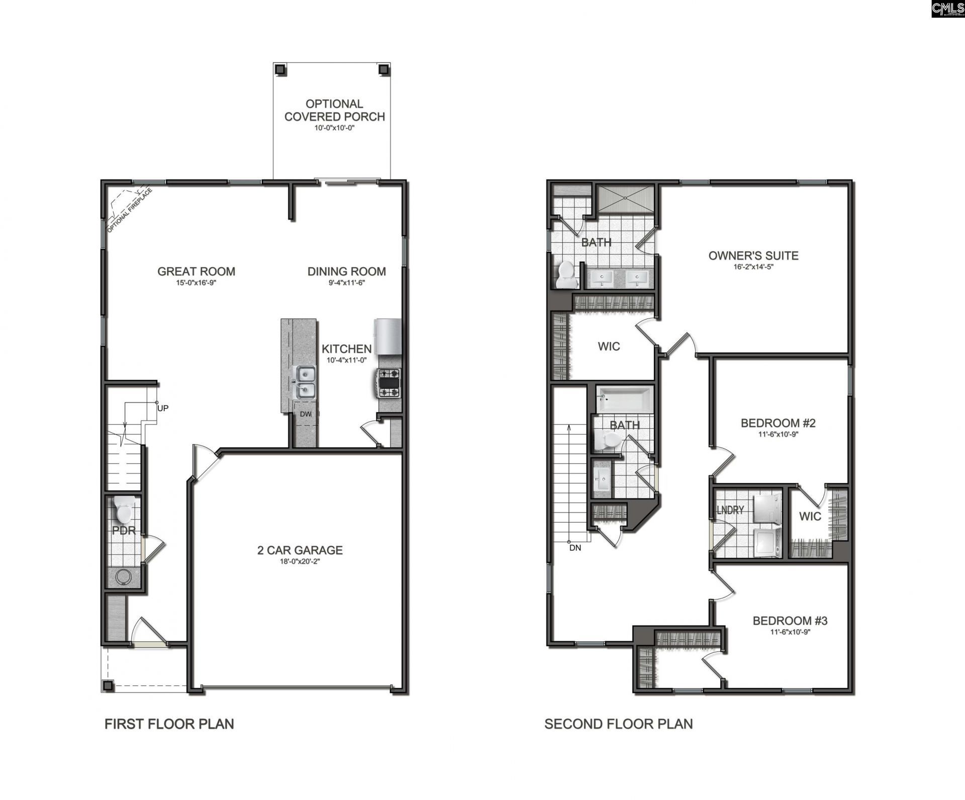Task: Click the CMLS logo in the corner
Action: click(x=948, y=9)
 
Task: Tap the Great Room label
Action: click(x=196, y=271)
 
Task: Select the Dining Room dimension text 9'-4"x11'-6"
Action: click(x=346, y=283)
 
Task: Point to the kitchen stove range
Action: click(x=389, y=383)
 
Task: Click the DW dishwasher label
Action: click(x=306, y=414)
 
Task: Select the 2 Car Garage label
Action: click(x=300, y=550)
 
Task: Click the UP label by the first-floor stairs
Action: click(x=163, y=408)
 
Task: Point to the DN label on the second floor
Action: click(x=575, y=548)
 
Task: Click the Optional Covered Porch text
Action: click(x=334, y=110)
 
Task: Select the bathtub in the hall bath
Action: click(x=625, y=399)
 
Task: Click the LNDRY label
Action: click(x=730, y=510)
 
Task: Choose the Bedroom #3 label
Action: click(x=790, y=621)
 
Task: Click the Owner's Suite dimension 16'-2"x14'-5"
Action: click(x=753, y=267)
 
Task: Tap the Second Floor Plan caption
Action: click(x=618, y=724)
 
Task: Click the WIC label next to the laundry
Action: click(x=810, y=516)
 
